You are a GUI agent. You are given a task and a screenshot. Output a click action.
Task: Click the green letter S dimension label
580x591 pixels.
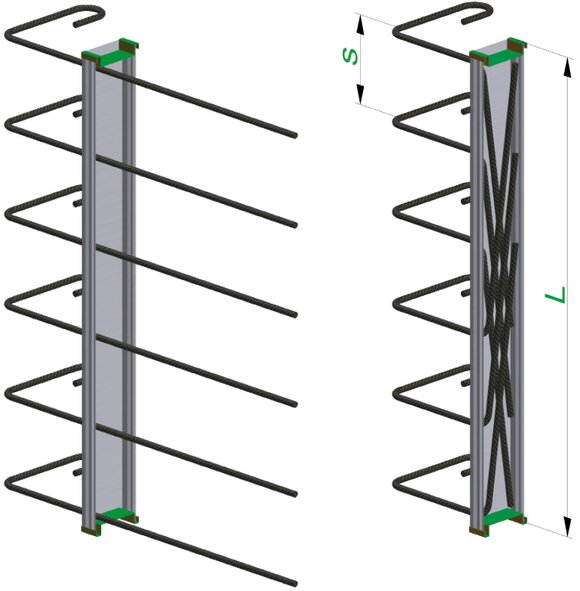350,57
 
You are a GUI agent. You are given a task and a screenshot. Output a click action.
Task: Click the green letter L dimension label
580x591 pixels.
556,294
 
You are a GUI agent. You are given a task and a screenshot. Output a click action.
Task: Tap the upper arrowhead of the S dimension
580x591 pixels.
361,25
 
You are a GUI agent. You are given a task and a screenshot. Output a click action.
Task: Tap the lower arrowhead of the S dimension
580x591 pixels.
360,94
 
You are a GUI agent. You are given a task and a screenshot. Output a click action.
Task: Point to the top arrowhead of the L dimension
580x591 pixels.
568,69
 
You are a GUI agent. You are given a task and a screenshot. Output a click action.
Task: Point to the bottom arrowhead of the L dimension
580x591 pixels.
568,526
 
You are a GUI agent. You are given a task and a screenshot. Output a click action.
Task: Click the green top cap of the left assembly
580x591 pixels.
110,52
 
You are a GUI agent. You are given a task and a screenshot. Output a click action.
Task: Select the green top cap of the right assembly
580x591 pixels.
498,51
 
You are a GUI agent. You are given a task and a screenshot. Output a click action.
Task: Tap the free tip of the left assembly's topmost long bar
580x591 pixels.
295,135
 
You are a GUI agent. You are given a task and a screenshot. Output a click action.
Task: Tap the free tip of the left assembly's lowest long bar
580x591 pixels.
294,583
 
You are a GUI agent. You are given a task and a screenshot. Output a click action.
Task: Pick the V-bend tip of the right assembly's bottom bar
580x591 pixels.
396,484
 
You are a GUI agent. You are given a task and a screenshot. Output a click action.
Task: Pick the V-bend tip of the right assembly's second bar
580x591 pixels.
396,122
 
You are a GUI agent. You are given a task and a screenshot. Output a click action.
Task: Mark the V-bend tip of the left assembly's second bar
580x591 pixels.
8,124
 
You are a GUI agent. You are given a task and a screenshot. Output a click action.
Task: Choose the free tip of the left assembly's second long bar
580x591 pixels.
295,225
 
